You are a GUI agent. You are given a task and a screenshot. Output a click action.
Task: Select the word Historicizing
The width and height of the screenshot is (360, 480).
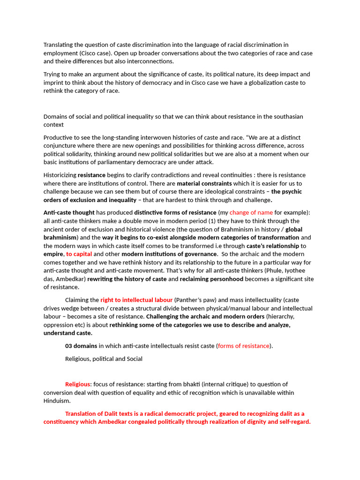tap(60, 175)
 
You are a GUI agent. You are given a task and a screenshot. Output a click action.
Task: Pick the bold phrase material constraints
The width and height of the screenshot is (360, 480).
tap(204, 183)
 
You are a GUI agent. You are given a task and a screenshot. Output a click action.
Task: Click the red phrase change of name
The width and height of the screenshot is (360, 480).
tap(251, 212)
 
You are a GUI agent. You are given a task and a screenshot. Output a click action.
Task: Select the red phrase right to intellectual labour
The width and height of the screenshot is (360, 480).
tap(136, 300)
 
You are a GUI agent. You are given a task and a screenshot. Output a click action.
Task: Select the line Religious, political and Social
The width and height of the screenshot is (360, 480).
tap(104, 359)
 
